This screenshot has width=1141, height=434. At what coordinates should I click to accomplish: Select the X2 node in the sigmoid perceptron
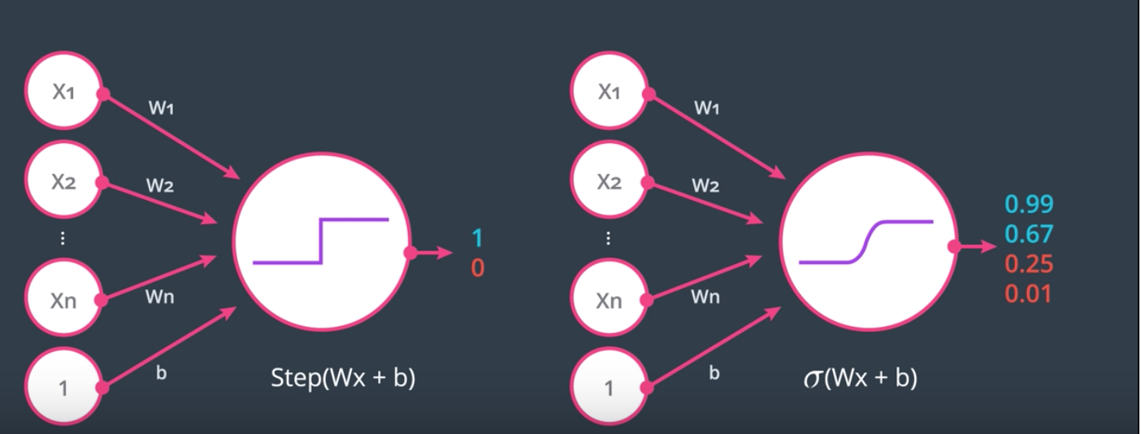pos(610,181)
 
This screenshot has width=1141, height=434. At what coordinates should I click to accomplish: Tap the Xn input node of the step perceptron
pos(63,301)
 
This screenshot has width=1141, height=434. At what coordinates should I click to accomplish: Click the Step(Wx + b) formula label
pos(343,379)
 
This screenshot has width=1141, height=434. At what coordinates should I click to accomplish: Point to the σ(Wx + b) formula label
pos(860,379)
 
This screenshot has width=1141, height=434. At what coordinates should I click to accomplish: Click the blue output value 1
pos(477,238)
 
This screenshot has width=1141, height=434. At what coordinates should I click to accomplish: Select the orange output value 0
pos(477,267)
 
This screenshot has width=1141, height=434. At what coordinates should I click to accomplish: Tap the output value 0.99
pos(1028,205)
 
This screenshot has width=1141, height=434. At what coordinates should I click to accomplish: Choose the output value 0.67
pos(1028,234)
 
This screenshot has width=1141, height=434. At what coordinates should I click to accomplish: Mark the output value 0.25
pos(1028,264)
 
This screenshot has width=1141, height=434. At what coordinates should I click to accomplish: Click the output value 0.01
pos(1028,293)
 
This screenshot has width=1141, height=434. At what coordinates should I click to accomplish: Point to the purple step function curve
pos(322,241)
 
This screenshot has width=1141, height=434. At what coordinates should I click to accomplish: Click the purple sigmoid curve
pos(866,241)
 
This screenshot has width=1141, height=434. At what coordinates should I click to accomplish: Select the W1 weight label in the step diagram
pos(160,108)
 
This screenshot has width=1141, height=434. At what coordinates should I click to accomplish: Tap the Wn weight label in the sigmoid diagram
pos(705,297)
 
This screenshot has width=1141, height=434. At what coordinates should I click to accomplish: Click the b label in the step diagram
pos(161,375)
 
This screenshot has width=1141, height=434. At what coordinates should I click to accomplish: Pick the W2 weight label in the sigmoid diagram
pos(705,186)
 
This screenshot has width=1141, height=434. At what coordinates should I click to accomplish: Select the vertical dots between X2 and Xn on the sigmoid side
pos(610,239)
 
